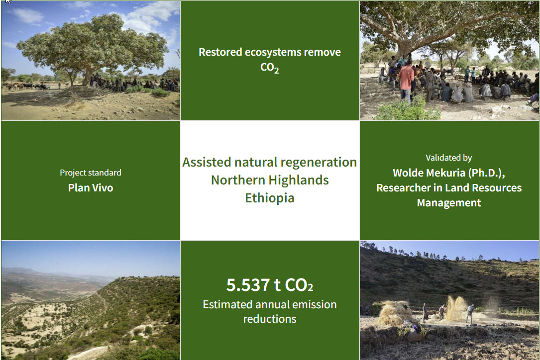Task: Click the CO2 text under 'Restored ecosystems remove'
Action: point(269,68)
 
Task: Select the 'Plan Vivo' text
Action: point(91,188)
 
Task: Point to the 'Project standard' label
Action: point(91,173)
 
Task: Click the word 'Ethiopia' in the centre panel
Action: point(269,198)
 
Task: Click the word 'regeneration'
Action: point(319,162)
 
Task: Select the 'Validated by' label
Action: point(448,158)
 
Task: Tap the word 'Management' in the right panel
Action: point(448,203)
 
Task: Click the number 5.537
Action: point(247,285)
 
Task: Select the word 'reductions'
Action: point(269,319)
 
